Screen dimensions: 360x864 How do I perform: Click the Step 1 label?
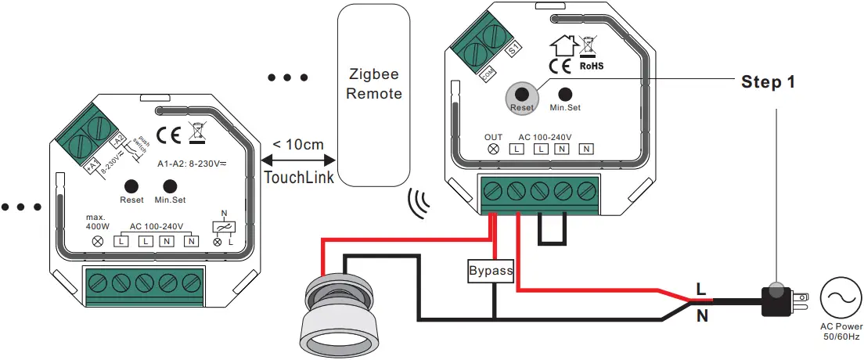point(769,82)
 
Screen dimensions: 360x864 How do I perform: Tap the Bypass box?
point(491,272)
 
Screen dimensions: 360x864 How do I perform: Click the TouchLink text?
point(299,178)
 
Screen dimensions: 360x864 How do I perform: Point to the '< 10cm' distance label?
point(297,145)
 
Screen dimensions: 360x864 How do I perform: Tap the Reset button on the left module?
point(131,186)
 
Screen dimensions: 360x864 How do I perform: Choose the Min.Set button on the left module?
point(170,186)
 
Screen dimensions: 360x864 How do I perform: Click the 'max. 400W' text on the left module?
point(98,221)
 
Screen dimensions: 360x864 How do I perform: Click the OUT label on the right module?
point(493,136)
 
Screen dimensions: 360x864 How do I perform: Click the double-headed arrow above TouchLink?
point(298,160)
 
